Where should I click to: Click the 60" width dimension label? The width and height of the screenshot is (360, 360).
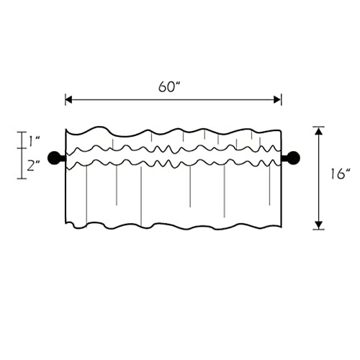[x=169, y=86]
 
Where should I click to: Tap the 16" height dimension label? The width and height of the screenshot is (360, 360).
[x=341, y=174]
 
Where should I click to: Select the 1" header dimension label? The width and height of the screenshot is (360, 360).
[x=35, y=141]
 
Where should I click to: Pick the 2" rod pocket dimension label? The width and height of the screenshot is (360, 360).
[x=33, y=166]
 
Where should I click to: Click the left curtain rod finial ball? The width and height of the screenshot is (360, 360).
[x=55, y=158]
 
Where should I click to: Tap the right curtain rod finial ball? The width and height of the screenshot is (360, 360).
[x=293, y=158]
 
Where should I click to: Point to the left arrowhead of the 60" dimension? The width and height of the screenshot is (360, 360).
[x=68, y=99]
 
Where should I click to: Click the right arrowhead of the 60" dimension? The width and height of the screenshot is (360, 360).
[x=277, y=99]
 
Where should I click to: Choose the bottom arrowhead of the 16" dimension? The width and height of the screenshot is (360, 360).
[x=318, y=225]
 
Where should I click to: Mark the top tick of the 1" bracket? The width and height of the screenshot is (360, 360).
[x=22, y=132]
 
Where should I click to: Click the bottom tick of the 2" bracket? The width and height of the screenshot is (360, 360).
[x=22, y=179]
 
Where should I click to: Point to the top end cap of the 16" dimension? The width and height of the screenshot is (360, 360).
[x=318, y=127]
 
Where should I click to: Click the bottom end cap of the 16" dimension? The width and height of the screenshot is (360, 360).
[x=318, y=230]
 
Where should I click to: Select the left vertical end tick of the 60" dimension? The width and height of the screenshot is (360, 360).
[x=66, y=99]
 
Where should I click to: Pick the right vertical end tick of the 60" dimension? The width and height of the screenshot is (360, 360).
[x=281, y=99]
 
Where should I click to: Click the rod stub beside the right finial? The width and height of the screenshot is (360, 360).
[x=284, y=158]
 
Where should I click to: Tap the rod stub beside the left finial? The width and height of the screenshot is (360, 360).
[x=63, y=158]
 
